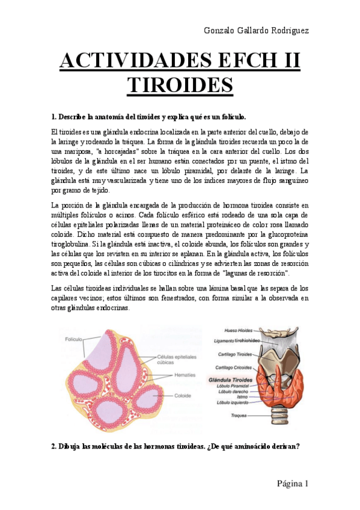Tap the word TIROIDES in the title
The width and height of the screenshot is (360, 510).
tap(180, 85)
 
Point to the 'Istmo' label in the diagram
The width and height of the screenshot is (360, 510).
tap(242, 397)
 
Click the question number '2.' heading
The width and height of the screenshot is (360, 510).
tap(53, 446)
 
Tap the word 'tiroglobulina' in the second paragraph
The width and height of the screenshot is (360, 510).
tap(73, 245)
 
